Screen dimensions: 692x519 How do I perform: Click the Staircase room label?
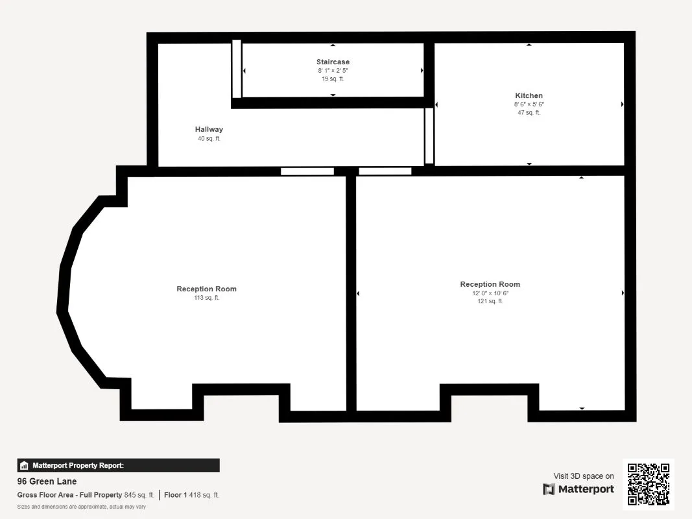pos(333,62)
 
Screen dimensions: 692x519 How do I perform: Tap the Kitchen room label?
pos(529,95)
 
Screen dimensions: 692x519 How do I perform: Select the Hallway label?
pos(209,129)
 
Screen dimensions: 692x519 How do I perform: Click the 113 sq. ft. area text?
pos(206,298)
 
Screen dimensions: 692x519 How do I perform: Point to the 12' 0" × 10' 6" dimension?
pos(490,293)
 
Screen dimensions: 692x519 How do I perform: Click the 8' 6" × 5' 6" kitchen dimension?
pos(529,104)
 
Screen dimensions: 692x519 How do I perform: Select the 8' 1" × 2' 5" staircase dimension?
pos(333,71)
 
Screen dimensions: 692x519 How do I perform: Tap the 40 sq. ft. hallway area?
pos(209,139)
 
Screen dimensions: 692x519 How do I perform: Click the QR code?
pos(649,484)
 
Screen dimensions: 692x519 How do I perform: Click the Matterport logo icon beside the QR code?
pos(549,489)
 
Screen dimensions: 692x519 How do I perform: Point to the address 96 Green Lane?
pos(47,481)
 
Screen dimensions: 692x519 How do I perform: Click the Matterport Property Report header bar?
pos(118,465)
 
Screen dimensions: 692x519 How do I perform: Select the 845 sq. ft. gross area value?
pos(139,495)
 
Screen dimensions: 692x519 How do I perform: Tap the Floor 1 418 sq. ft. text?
pos(191,495)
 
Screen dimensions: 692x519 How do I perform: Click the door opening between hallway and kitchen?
pos(429,136)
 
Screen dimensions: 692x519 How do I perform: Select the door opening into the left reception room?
pos(307,171)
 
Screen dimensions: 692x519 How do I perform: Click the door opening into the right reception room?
pos(385,171)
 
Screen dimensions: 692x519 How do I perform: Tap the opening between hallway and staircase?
pos(237,69)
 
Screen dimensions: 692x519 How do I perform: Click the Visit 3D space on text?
pos(584,476)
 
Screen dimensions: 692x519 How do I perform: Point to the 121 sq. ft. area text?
pos(490,301)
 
